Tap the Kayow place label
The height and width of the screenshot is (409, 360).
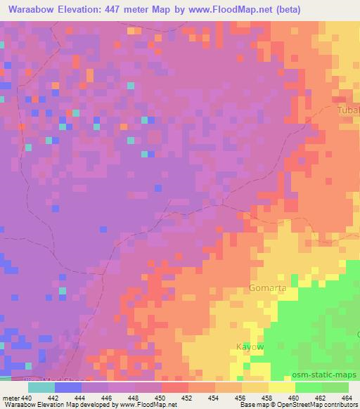pyautogui.click(x=250, y=347)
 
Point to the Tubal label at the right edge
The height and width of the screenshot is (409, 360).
pyautogui.click(x=349, y=110)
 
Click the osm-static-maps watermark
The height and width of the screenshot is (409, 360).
pyautogui.click(x=328, y=374)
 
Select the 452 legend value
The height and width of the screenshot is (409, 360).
pyautogui.click(x=187, y=398)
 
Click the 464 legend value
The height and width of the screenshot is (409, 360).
pyautogui.click(x=347, y=398)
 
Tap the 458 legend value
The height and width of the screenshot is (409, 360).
pyautogui.click(x=267, y=398)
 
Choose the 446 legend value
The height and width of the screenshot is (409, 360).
pyautogui.click(x=107, y=398)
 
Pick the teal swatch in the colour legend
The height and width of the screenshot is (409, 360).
pyautogui.click(x=41, y=387)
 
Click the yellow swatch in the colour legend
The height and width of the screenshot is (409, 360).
pyautogui.click(x=282, y=387)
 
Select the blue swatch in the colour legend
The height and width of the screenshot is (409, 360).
pyautogui.click(x=68, y=387)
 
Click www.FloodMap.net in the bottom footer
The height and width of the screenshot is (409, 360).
pyautogui.click(x=149, y=405)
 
